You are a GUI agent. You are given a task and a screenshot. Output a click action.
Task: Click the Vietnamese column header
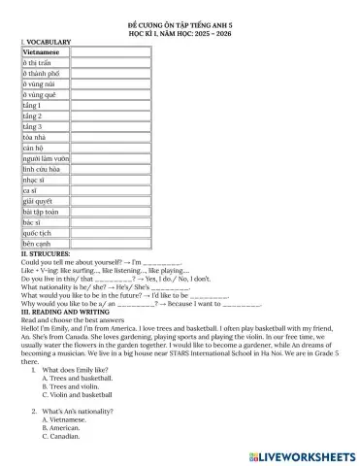click(x=41, y=50)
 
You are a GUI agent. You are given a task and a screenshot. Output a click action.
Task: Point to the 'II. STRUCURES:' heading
click(x=49, y=253)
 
